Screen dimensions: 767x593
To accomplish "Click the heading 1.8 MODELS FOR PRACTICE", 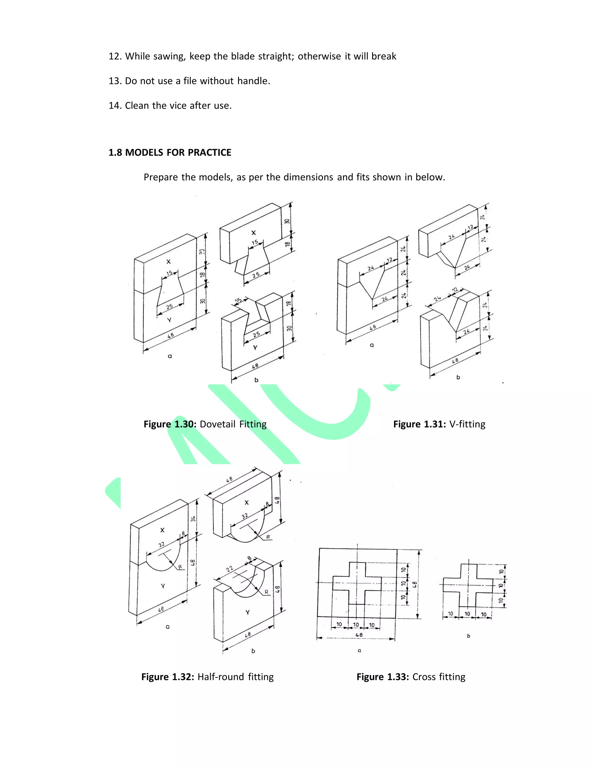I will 170,153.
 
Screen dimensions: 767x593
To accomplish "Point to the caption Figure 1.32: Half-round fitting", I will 207,677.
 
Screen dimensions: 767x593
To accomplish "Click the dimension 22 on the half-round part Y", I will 229,569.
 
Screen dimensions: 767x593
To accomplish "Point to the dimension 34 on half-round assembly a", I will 193,519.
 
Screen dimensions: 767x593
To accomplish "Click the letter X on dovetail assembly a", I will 168,262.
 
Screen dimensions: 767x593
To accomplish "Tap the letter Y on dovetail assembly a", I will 169,320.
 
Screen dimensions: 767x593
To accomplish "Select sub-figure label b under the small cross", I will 468,636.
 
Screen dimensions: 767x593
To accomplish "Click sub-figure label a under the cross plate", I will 359,650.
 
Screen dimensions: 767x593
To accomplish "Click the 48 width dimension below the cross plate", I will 359,635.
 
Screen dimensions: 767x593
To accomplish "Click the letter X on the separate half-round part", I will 247,502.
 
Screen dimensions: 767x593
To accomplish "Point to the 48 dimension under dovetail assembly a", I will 170,335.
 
